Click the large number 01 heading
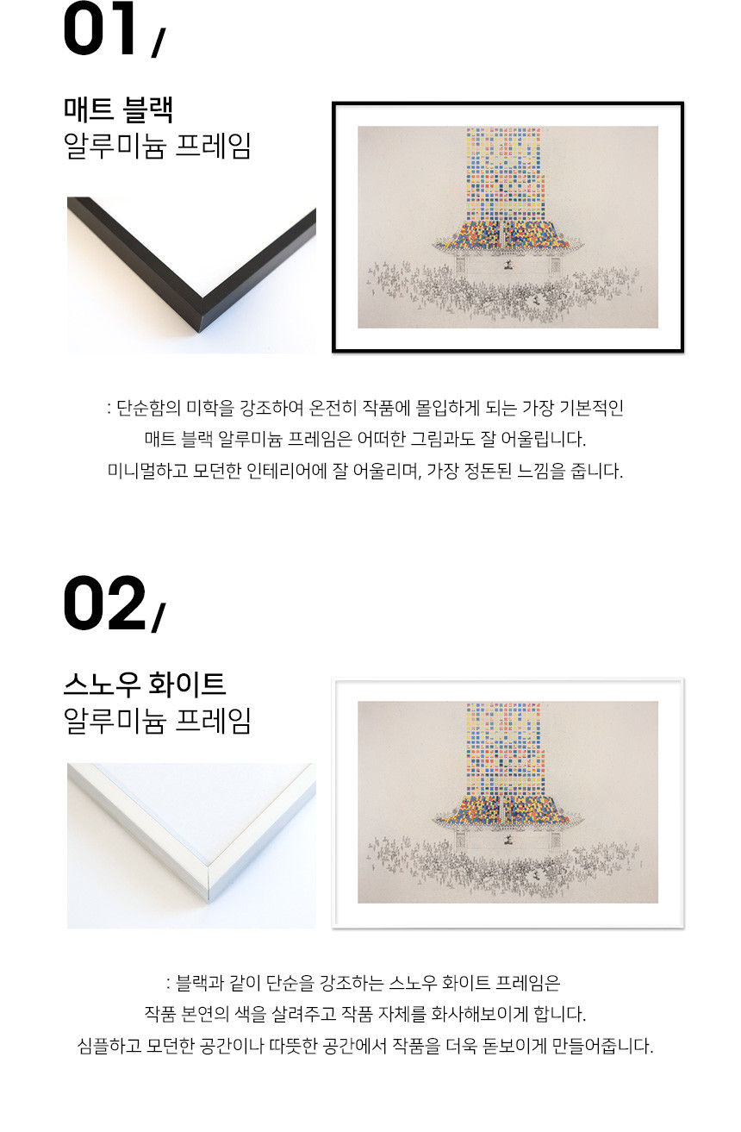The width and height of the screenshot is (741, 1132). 100,28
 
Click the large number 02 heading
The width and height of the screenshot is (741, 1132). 104,603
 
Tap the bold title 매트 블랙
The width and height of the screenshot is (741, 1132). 119,109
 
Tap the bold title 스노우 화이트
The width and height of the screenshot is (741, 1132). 145,684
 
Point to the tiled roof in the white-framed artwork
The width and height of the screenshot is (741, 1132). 507,810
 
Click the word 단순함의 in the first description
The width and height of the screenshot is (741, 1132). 148,408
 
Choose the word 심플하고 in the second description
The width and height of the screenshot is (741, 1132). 109,1046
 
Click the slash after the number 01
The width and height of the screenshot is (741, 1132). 158,43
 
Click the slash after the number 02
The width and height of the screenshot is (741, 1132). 159,617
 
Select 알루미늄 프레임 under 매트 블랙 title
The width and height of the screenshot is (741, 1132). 158,147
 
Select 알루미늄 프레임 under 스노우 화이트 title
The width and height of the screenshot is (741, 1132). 158,721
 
